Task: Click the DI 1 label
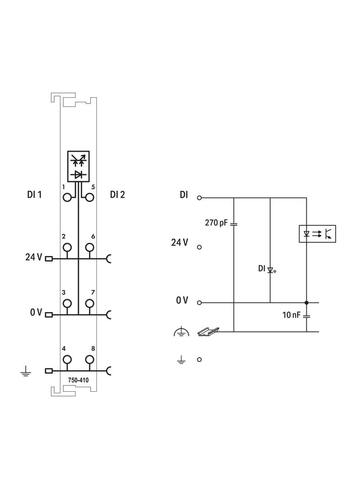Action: click(x=34, y=194)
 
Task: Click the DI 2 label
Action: click(x=118, y=194)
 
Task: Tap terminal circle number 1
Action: click(x=67, y=197)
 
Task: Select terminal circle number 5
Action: click(x=90, y=197)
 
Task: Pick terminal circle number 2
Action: click(x=67, y=248)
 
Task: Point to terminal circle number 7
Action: click(x=90, y=303)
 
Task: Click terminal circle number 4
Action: click(x=67, y=360)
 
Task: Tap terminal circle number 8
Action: click(x=90, y=360)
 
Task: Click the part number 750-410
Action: click(x=79, y=380)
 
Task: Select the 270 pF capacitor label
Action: click(x=216, y=222)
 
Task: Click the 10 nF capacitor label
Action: click(x=291, y=315)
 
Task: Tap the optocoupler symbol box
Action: click(x=317, y=233)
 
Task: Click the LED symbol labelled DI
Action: click(x=271, y=269)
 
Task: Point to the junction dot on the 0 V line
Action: click(x=306, y=302)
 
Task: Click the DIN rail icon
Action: click(x=208, y=332)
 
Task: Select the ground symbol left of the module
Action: click(x=26, y=371)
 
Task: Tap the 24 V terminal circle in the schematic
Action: click(x=199, y=247)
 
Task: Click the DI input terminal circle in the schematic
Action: click(x=199, y=198)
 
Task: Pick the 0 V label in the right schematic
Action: click(x=182, y=300)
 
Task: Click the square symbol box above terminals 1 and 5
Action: click(x=79, y=166)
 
